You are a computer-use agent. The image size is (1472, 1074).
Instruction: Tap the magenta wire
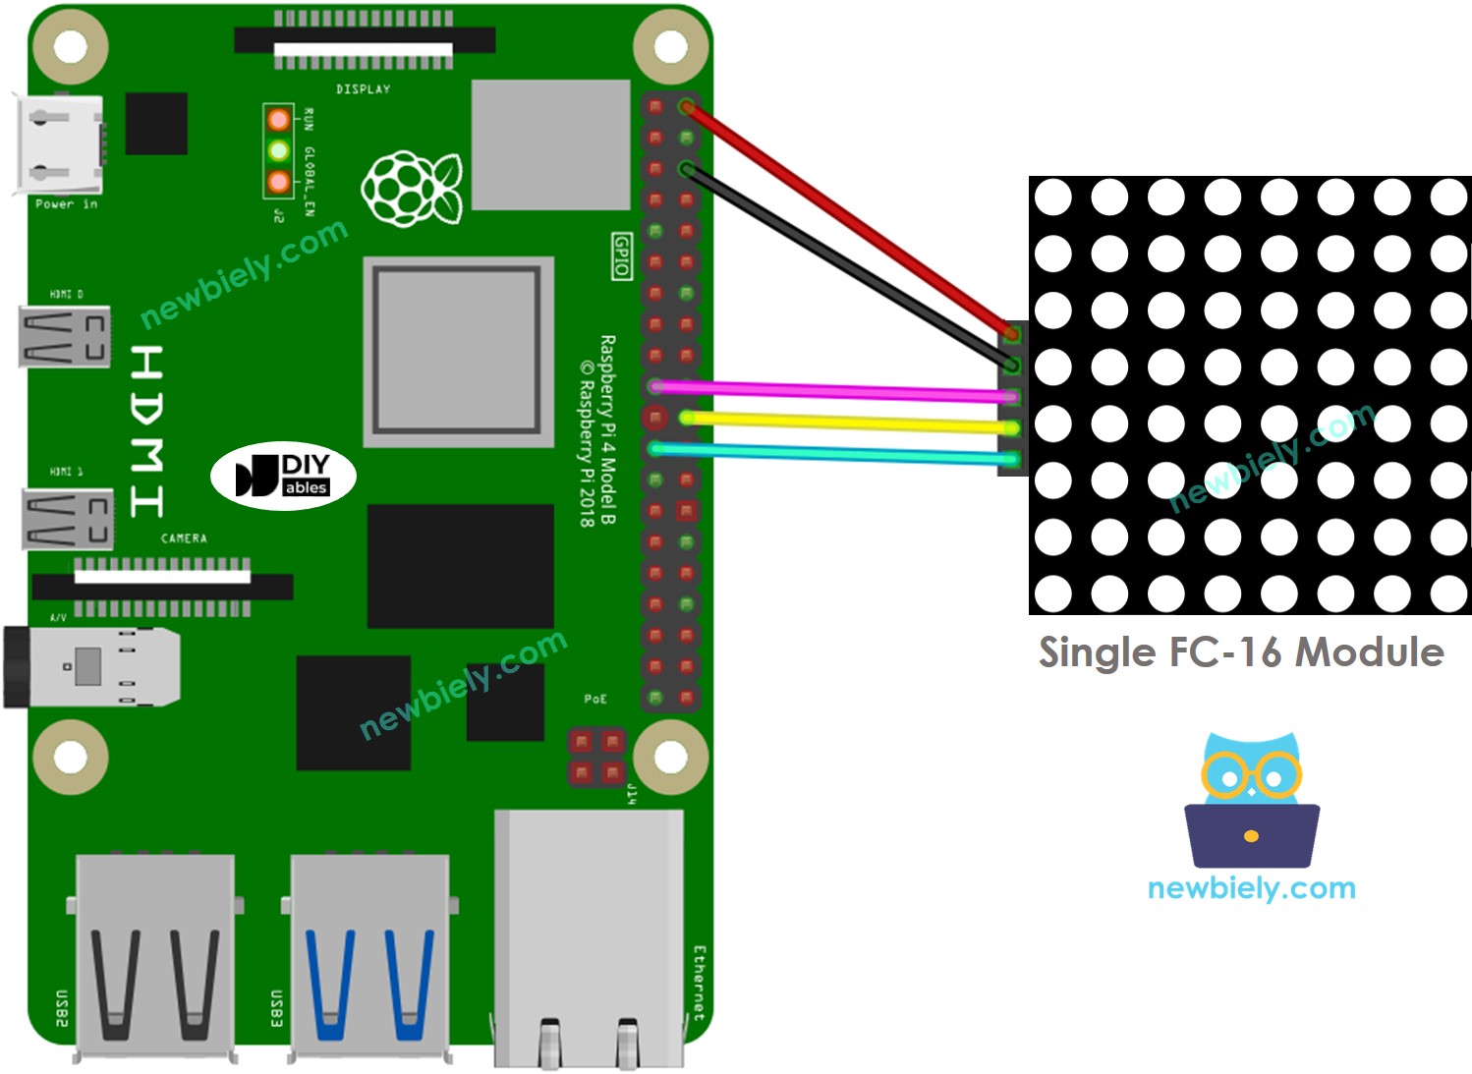835,391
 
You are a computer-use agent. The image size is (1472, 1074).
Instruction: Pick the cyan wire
835,453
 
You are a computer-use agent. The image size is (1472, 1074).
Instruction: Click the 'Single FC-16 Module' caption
1241,651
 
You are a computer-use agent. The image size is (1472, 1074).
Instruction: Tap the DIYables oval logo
283,476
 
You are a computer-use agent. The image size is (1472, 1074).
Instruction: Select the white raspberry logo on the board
412,188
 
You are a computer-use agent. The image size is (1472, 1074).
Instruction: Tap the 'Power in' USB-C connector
59,144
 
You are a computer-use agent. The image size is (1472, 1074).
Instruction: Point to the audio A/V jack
93,667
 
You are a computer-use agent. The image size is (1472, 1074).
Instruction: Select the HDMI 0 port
65,337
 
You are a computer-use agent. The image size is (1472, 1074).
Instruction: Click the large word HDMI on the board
147,430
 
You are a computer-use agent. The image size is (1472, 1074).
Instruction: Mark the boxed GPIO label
622,255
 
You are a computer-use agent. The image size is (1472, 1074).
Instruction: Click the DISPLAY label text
364,89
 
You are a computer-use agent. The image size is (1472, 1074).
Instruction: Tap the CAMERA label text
184,538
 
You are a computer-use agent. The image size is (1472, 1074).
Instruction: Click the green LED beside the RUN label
279,151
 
